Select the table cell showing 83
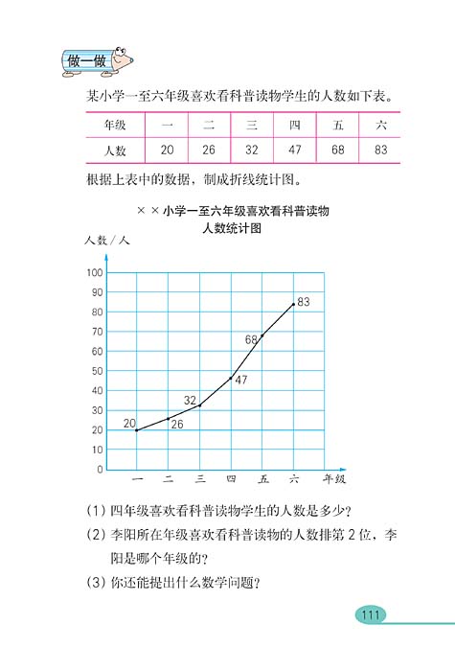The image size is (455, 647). point(380,150)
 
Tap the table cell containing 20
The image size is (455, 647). point(167,150)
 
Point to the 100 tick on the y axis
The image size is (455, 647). point(95,273)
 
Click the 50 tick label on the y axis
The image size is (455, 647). point(97,371)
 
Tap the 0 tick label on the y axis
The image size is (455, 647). point(100,470)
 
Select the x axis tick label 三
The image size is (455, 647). point(200,479)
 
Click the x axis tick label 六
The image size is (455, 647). point(293,479)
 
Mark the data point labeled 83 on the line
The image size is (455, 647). point(293,305)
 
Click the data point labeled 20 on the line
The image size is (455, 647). point(137,430)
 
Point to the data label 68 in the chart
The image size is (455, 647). point(252,339)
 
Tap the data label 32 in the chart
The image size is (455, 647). point(190,400)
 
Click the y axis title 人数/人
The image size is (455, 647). point(106,240)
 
